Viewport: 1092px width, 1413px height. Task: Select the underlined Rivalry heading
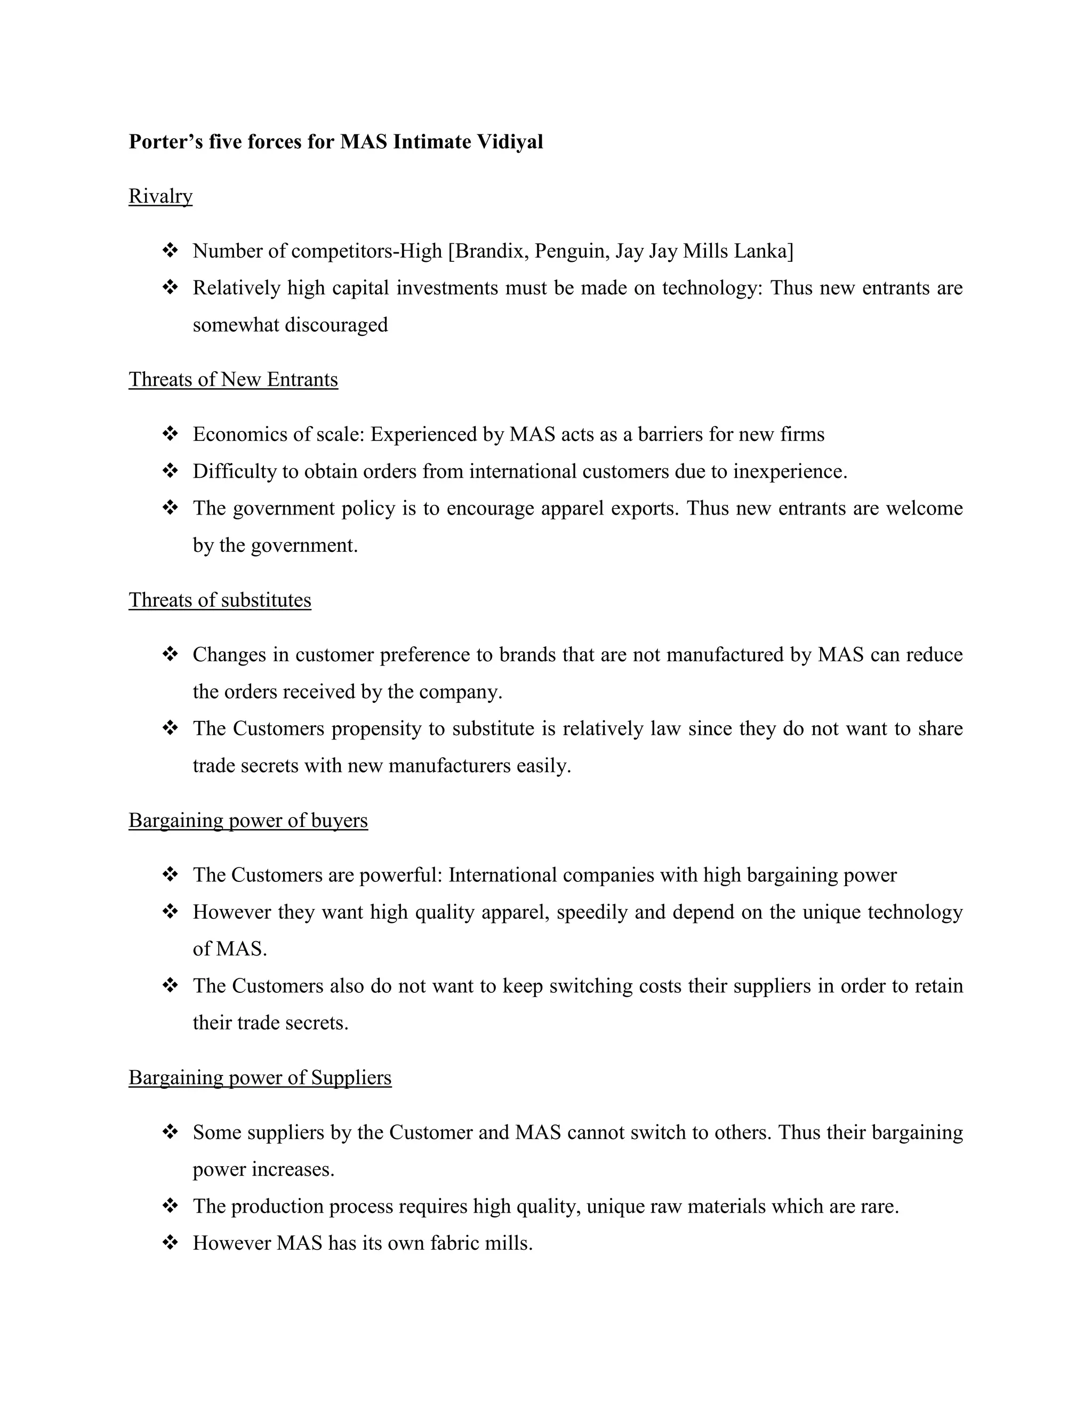(160, 196)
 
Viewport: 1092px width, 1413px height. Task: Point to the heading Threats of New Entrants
(233, 379)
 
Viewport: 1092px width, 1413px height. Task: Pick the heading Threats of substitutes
(220, 600)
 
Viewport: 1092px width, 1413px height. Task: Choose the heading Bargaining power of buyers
(248, 821)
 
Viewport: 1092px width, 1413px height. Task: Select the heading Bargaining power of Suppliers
(260, 1077)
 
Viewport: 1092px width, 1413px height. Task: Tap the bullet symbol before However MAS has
(170, 1243)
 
